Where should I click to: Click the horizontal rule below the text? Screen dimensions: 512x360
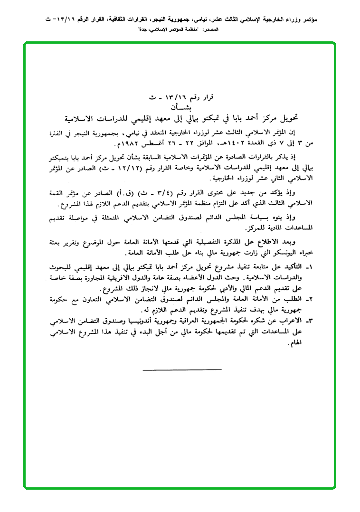click(x=181, y=369)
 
